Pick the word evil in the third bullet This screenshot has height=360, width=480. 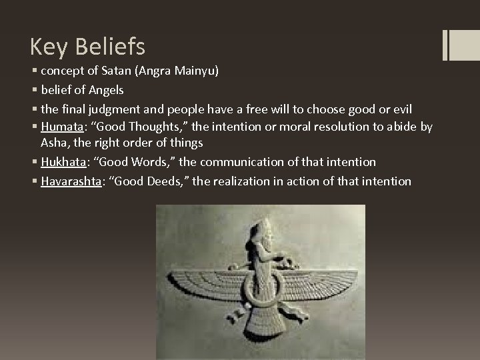(x=403, y=109)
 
